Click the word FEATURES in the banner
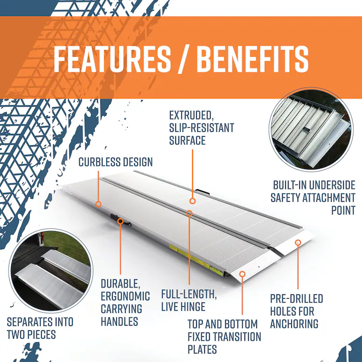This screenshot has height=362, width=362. click(112, 58)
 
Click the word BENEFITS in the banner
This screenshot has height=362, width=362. click(253, 58)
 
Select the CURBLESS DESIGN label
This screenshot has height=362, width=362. click(116, 162)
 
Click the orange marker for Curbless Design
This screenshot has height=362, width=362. click(99, 204)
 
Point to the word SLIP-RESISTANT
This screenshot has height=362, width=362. click(202, 128)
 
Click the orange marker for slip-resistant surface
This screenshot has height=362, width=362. click(193, 201)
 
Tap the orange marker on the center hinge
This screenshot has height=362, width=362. click(189, 213)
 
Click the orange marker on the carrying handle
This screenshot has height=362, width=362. click(120, 221)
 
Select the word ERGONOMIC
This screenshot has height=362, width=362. click(125, 296)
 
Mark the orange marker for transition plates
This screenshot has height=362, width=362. click(242, 274)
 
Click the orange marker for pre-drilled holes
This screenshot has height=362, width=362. click(298, 242)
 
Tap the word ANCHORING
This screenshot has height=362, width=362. click(294, 324)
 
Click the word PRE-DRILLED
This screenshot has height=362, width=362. click(297, 299)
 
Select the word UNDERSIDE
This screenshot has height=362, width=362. click(331, 185)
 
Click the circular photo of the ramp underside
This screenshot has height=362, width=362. click(311, 129)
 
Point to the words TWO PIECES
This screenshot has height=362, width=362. click(32, 334)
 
